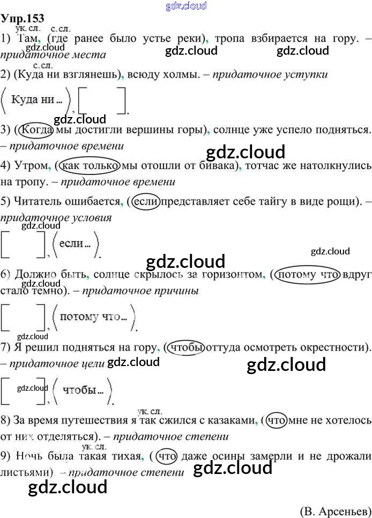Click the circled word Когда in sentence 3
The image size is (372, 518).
pos(34,130)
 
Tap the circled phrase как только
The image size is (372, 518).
pos(90,166)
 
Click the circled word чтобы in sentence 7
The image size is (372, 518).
pos(186,348)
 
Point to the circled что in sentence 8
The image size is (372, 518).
pos(277,421)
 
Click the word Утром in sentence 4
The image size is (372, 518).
pos(31,166)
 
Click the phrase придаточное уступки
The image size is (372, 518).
pos(270,75)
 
